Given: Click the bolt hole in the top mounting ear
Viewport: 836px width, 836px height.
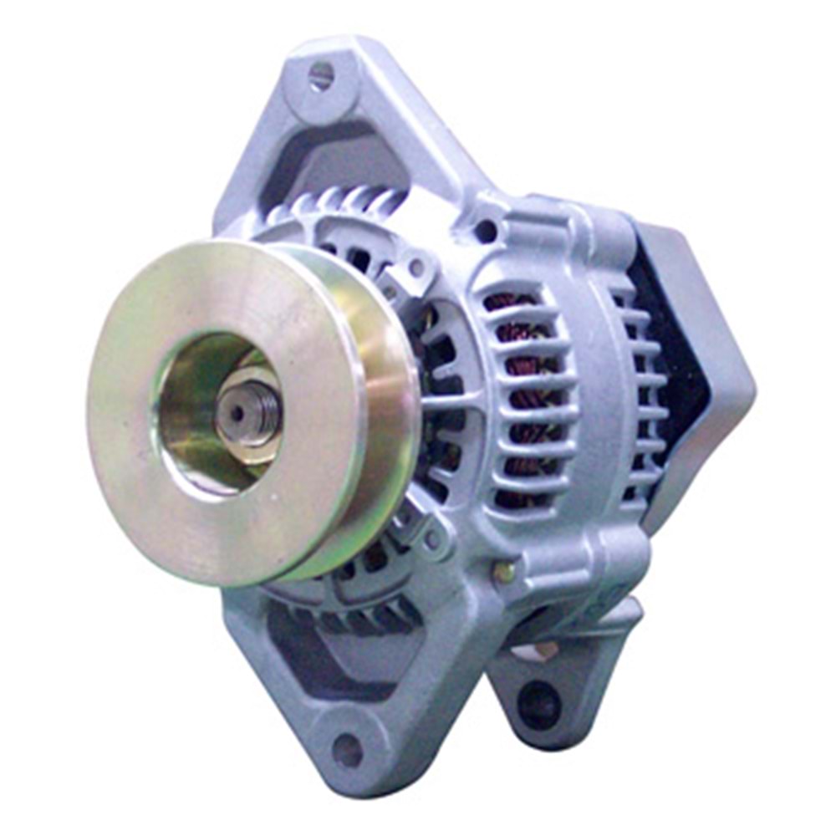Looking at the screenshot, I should (x=321, y=78).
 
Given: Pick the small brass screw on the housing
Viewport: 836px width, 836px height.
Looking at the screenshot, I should (x=503, y=573).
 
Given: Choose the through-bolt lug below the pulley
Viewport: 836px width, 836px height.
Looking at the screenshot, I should (x=422, y=535).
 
